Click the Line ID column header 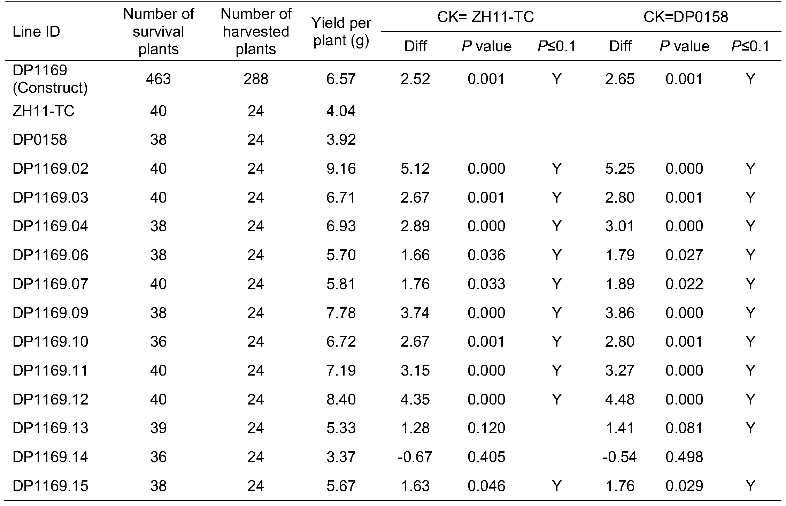(x=36, y=32)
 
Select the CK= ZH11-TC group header (x=485, y=17)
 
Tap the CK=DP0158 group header (x=685, y=17)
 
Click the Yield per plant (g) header (x=341, y=32)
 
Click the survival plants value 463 (x=158, y=79)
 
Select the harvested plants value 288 (x=256, y=79)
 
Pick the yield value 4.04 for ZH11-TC (x=341, y=111)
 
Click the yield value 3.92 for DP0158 (x=341, y=140)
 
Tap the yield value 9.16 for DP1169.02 (x=341, y=169)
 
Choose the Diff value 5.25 (x=620, y=169)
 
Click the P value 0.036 (x=486, y=255)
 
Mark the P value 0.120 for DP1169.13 (x=486, y=428)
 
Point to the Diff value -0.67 (x=415, y=457)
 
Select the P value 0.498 (x=684, y=457)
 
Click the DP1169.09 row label (x=50, y=313)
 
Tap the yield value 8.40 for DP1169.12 (x=341, y=399)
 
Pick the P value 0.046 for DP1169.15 (x=486, y=486)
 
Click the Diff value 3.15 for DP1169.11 (x=415, y=370)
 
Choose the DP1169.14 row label (x=50, y=457)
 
